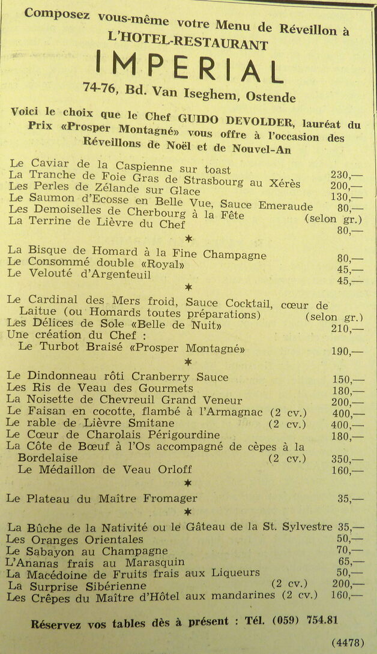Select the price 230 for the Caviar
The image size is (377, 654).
[x=340, y=175]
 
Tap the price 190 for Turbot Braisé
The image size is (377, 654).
[x=340, y=351]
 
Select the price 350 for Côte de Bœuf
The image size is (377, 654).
[x=340, y=459]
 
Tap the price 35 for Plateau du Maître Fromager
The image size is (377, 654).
[x=344, y=499]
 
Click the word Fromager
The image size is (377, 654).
[x=169, y=499]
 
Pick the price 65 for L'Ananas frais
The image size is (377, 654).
[x=344, y=562]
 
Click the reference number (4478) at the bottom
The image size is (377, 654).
[x=348, y=642]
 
